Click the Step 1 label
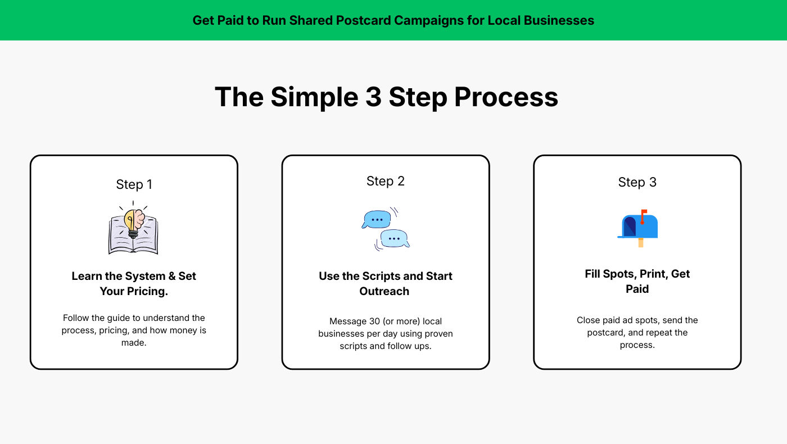click(x=134, y=185)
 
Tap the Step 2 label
click(x=386, y=182)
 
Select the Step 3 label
click(x=637, y=183)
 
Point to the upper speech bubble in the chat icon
click(x=376, y=220)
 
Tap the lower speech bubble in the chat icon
click(x=395, y=239)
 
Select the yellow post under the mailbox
click(x=641, y=243)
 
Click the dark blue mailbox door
click(x=629, y=226)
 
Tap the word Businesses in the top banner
click(x=559, y=20)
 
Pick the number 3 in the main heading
click(x=373, y=97)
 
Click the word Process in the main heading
click(x=506, y=97)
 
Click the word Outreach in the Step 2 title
click(x=384, y=291)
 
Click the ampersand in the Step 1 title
click(x=172, y=276)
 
